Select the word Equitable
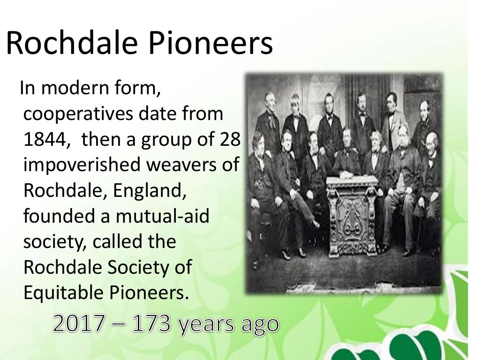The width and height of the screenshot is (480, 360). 63,292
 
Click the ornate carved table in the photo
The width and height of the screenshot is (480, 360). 352,211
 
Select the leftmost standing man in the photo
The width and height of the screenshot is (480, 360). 268,122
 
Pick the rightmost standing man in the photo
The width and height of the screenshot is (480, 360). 425,127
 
